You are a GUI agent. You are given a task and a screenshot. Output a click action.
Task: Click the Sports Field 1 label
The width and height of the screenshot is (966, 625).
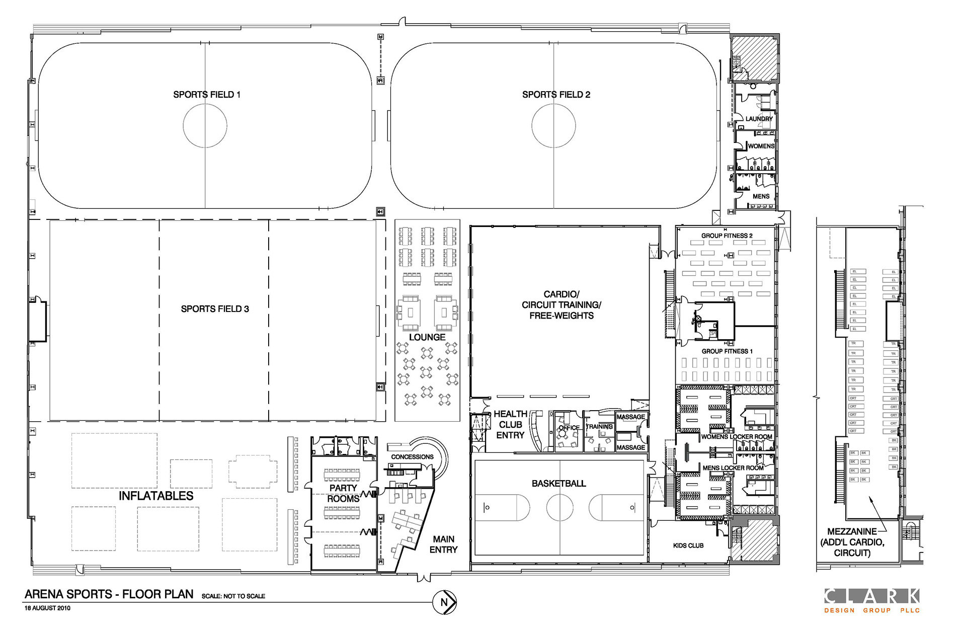click(x=207, y=95)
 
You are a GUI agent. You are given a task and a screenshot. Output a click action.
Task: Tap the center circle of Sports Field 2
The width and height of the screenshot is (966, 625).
click(x=553, y=126)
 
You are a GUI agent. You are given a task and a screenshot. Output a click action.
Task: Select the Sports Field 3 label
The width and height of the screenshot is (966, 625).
click(x=215, y=309)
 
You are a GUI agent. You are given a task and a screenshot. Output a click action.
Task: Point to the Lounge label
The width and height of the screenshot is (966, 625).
click(x=427, y=337)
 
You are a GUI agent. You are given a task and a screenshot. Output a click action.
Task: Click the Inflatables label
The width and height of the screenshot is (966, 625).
click(x=156, y=496)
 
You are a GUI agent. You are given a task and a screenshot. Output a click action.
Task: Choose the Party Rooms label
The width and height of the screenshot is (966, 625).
click(x=343, y=493)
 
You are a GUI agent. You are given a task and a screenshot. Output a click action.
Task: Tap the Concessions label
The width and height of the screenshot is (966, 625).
click(x=412, y=457)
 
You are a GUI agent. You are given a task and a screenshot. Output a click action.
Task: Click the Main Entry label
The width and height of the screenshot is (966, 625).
click(x=443, y=544)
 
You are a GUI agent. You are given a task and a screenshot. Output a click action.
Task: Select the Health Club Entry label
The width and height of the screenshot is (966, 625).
click(x=510, y=424)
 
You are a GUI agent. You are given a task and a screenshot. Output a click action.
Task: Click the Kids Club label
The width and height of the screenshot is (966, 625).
click(x=688, y=545)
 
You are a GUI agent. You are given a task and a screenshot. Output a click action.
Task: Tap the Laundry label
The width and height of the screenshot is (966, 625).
click(x=759, y=119)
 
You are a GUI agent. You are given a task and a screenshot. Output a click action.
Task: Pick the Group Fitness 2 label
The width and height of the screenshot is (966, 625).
click(x=727, y=236)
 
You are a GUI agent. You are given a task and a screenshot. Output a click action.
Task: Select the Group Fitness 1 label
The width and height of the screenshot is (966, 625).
click(x=727, y=351)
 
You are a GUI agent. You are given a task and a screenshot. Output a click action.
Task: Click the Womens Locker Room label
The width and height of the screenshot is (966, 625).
click(x=737, y=437)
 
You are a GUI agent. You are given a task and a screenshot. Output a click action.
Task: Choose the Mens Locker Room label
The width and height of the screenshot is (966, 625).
click(x=733, y=468)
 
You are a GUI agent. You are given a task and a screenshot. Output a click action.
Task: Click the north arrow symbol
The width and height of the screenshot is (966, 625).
click(x=444, y=602)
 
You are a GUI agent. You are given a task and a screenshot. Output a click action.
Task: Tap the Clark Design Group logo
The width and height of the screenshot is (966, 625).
click(x=871, y=601)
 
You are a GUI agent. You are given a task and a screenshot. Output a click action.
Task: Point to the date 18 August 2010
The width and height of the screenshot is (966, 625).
click(x=47, y=608)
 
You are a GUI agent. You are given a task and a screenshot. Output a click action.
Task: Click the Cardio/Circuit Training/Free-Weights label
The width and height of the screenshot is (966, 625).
click(x=561, y=305)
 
